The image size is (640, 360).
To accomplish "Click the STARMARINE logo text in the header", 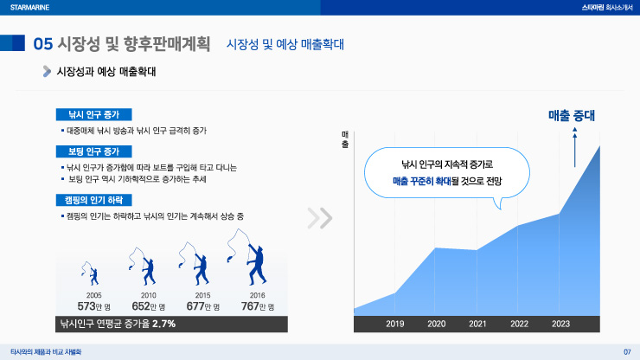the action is click(x=29, y=7).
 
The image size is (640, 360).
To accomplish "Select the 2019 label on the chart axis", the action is click(x=394, y=324).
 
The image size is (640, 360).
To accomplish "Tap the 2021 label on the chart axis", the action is click(x=477, y=324).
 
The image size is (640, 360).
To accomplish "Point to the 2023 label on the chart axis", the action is click(x=560, y=324).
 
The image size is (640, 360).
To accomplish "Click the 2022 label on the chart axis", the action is click(x=519, y=324).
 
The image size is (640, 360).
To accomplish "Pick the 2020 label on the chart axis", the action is click(x=436, y=324).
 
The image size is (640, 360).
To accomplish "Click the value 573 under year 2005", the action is click(x=86, y=306).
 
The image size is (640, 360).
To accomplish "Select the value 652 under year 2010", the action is click(x=141, y=306).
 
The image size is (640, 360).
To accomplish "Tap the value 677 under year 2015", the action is click(x=195, y=306).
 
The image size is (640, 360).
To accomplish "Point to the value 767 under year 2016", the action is click(x=250, y=306).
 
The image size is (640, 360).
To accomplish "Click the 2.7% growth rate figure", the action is click(x=163, y=324).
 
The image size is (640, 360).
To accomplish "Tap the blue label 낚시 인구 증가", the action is click(x=94, y=114).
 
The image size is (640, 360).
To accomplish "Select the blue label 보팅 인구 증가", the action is click(x=94, y=151).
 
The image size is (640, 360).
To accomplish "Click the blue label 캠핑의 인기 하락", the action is click(x=94, y=200).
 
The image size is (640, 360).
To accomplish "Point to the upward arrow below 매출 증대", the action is click(x=574, y=147).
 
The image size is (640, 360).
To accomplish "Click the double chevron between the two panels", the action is click(x=320, y=218).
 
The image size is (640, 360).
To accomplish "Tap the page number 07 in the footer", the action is click(x=627, y=352).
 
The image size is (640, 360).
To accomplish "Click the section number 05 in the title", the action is click(x=43, y=44).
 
